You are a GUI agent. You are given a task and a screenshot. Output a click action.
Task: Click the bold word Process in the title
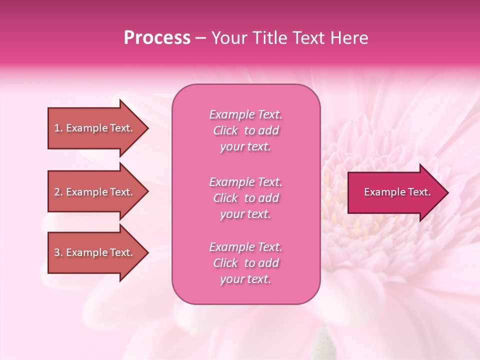point(157,38)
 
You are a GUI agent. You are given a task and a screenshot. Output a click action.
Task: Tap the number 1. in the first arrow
point(58,128)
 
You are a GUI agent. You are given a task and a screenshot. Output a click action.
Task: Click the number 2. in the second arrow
point(58,192)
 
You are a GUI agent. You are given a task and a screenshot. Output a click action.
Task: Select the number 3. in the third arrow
point(58,252)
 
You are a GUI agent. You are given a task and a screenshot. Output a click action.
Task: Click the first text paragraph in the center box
point(245,130)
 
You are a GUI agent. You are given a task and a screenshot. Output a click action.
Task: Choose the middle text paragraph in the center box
point(245,198)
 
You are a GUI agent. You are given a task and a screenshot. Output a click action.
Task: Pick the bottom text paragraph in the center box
point(245,263)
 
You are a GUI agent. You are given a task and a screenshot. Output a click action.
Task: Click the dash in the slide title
point(200,38)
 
